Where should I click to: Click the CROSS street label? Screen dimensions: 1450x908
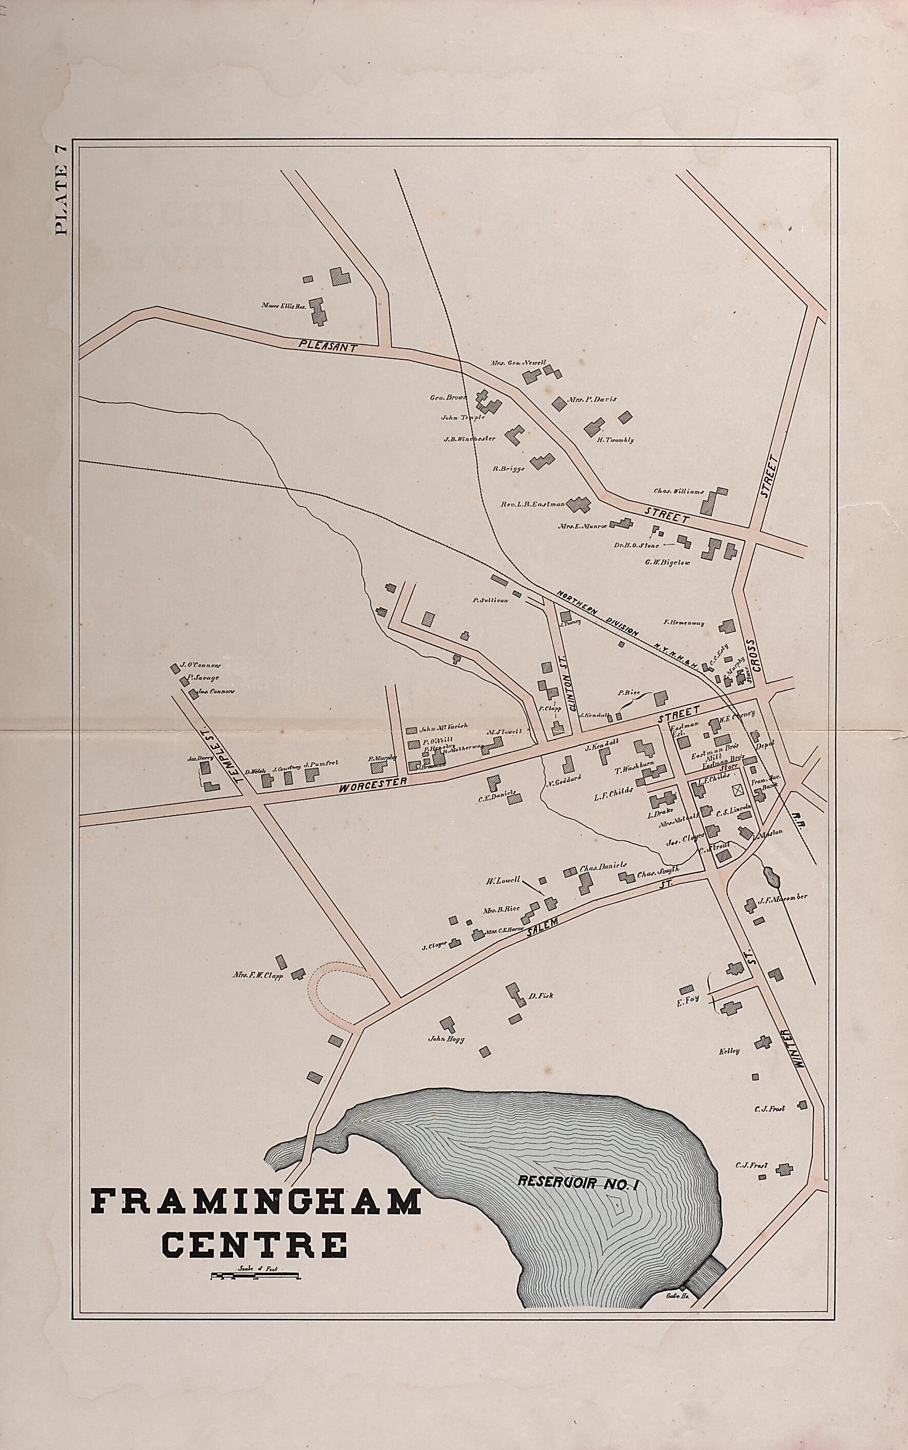pyautogui.click(x=755, y=656)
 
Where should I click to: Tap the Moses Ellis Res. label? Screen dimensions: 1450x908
pyautogui.click(x=284, y=305)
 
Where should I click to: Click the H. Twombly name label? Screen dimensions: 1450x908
pyautogui.click(x=615, y=440)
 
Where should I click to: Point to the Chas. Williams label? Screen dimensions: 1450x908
pyautogui.click(x=678, y=491)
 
